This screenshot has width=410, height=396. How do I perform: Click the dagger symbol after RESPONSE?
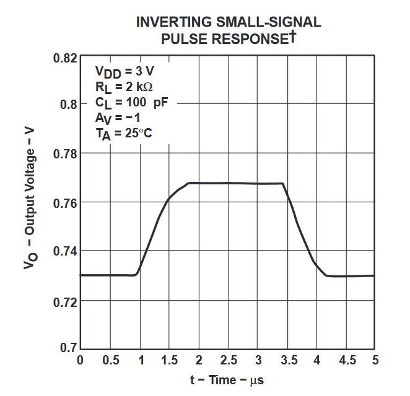point(292,35)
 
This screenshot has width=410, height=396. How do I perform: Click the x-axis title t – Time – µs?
point(228,380)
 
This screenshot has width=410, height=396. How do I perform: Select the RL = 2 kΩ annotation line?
point(124,87)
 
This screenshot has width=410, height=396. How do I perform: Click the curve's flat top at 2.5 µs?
point(229,183)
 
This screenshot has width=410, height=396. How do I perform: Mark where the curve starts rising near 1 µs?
point(137,273)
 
